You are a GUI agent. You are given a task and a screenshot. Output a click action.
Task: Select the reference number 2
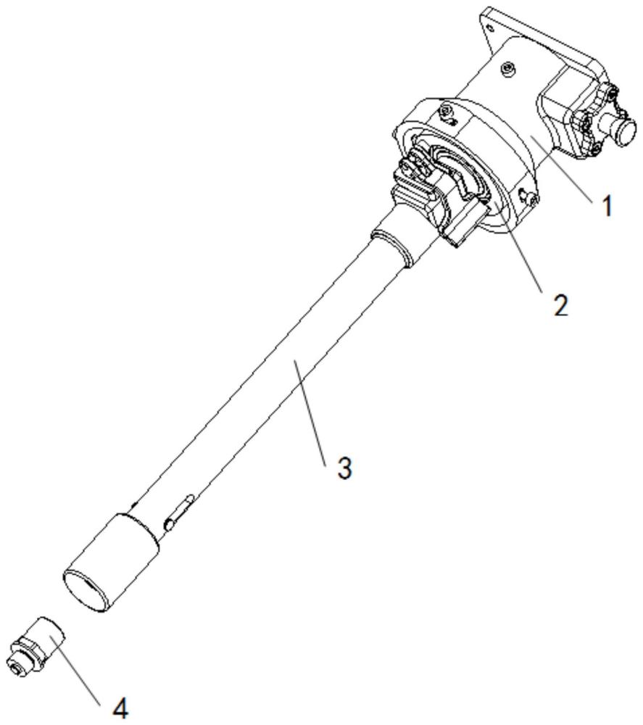(559, 304)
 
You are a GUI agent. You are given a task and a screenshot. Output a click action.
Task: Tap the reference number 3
(344, 467)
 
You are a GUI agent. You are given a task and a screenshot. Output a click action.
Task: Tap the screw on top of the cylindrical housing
(507, 68)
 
